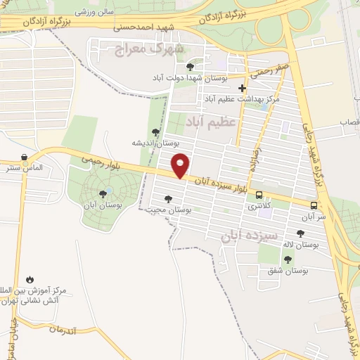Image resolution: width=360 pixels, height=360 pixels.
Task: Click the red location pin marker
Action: pyautogui.click(x=181, y=165)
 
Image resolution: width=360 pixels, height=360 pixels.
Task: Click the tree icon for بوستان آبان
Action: pyautogui.click(x=103, y=193)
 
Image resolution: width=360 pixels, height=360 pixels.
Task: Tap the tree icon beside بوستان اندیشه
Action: pyautogui.click(x=155, y=131)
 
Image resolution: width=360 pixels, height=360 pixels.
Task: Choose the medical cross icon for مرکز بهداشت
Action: pyautogui.click(x=243, y=89)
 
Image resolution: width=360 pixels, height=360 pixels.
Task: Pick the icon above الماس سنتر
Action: pyautogui.click(x=25, y=157)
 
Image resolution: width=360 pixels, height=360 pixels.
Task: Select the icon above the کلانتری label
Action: pyautogui.click(x=259, y=195)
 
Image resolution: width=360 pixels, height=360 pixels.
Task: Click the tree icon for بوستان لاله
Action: pyautogui.click(x=300, y=233)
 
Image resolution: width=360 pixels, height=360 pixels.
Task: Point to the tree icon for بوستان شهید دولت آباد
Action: pyautogui.click(x=191, y=67)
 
